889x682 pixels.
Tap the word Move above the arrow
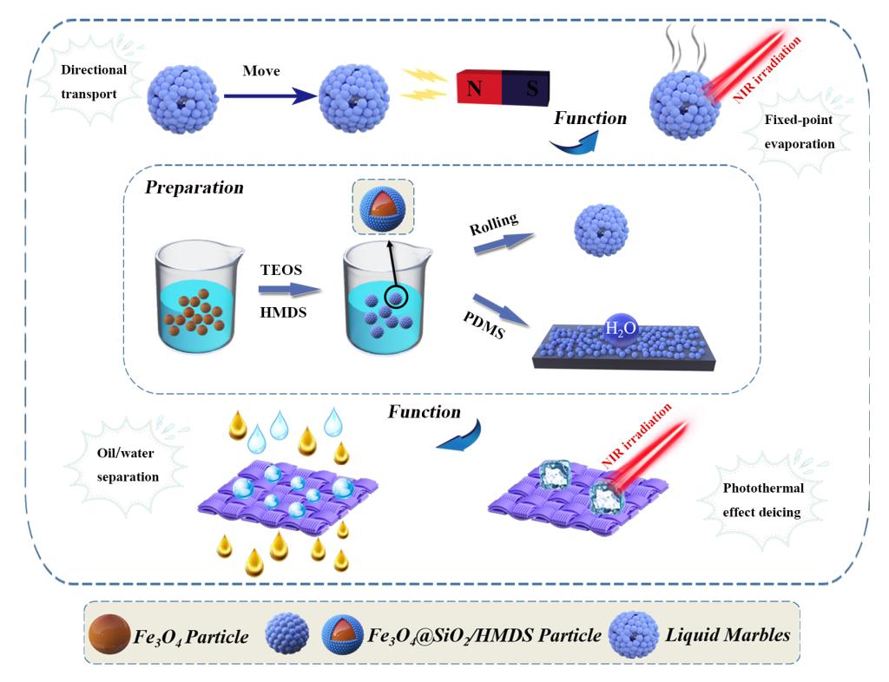click(x=260, y=70)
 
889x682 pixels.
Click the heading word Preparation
click(x=194, y=187)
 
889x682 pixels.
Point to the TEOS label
click(x=282, y=270)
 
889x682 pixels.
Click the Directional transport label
click(x=94, y=82)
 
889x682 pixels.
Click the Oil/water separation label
click(x=128, y=466)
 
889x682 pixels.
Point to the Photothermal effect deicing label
click(x=764, y=500)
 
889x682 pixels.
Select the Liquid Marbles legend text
click(x=728, y=635)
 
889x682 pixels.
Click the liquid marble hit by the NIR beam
click(x=687, y=108)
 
